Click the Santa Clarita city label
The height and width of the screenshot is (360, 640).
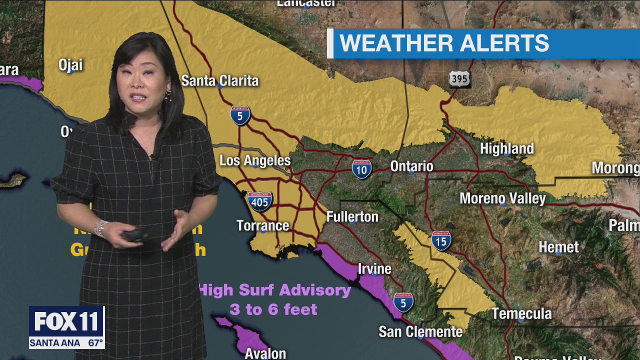[x=220, y=80]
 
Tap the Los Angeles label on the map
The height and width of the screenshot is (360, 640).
[x=255, y=160]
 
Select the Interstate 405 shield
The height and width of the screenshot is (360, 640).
[x=259, y=201]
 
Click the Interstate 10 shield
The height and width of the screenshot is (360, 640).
[x=361, y=169]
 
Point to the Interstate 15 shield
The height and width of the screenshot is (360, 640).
[x=441, y=240]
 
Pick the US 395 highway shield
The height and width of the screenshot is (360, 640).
[x=459, y=79]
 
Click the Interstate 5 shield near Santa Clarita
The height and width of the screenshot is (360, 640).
[x=240, y=115]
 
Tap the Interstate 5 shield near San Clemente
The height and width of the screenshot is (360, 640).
[x=403, y=302]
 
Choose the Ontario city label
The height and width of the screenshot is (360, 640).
[x=411, y=166]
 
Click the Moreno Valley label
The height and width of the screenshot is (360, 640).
[x=502, y=198]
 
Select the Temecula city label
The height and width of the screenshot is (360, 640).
[x=521, y=313]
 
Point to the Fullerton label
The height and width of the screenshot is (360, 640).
[x=352, y=216]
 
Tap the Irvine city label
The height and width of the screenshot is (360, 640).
[x=374, y=269]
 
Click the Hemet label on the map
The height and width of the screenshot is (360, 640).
[x=558, y=247]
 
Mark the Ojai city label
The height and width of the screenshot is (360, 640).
[x=70, y=65]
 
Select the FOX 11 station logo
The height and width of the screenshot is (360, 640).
[x=66, y=322]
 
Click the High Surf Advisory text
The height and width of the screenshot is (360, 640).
[x=275, y=290]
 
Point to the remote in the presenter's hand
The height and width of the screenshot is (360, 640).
[x=134, y=235]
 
